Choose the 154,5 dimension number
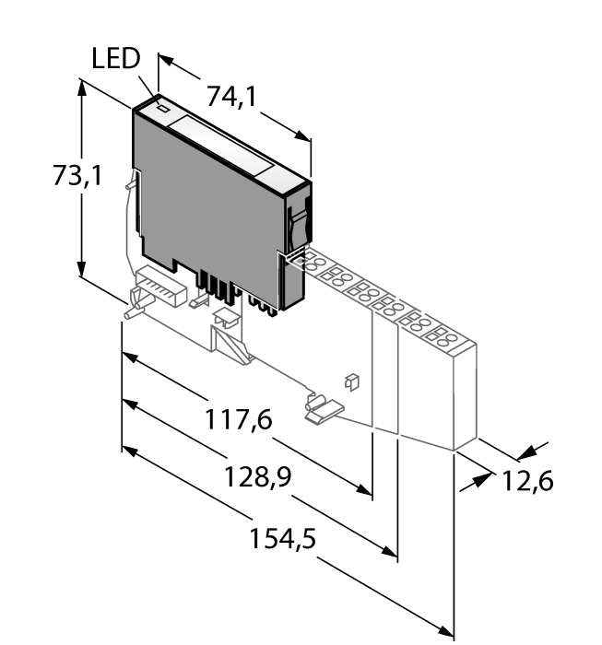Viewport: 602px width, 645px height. click(282, 539)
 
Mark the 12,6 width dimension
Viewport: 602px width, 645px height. click(527, 480)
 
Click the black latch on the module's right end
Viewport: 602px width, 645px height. click(296, 227)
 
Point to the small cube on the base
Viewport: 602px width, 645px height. click(350, 380)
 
